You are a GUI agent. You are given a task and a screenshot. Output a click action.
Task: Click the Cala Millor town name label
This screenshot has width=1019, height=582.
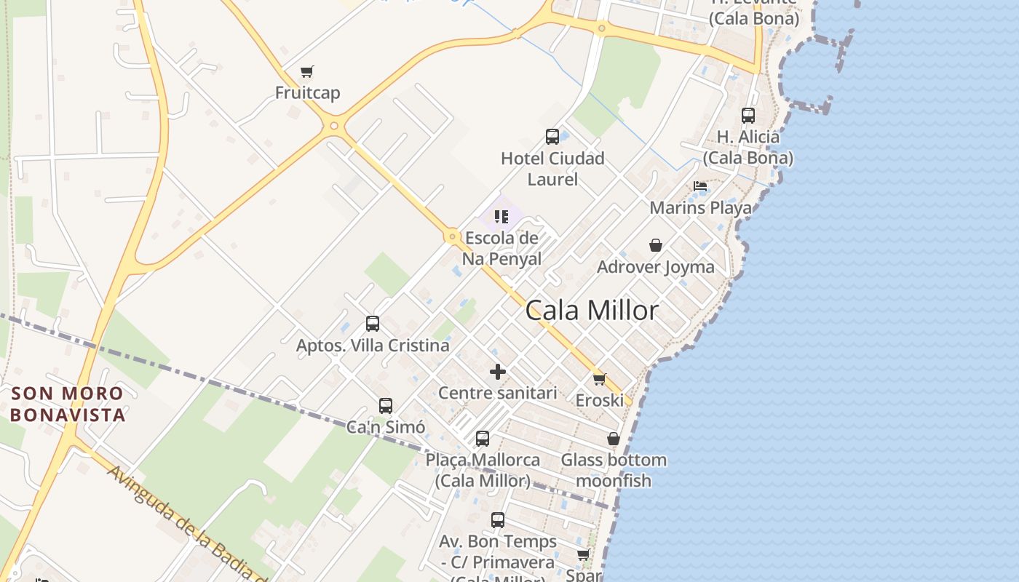[592, 311]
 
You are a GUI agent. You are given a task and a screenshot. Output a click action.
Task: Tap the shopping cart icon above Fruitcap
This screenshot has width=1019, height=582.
[307, 72]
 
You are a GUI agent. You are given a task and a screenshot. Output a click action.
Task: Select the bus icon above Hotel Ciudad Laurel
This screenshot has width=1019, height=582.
[552, 136]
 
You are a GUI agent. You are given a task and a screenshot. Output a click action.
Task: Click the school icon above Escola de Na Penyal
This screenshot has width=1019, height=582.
[501, 217]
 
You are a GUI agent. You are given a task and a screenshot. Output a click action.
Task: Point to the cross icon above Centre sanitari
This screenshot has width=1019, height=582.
[498, 372]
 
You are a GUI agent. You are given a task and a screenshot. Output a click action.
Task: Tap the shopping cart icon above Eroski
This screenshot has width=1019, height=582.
[600, 379]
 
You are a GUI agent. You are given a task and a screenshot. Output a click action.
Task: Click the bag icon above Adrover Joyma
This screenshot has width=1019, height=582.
[656, 245]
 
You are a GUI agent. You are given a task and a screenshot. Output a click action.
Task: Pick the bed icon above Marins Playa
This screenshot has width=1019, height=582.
[700, 186]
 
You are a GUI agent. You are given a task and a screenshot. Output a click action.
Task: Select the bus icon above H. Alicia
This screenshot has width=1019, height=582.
[748, 115]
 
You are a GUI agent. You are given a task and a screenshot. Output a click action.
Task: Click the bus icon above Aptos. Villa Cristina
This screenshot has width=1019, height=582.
[373, 324]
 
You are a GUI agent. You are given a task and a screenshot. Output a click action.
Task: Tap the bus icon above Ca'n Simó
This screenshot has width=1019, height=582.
[386, 405]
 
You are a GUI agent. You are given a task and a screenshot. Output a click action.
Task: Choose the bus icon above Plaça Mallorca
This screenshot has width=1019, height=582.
[483, 439]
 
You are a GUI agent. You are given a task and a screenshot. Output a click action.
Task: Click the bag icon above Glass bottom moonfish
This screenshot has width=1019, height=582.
[614, 439]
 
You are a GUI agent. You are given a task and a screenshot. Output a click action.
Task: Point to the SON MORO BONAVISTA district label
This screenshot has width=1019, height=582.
[68, 404]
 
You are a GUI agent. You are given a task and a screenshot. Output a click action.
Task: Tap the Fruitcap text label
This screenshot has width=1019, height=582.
[307, 93]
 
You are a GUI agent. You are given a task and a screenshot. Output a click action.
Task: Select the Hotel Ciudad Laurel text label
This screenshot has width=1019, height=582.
[552, 169]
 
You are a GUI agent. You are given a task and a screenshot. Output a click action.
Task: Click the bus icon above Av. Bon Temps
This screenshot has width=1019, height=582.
[498, 520]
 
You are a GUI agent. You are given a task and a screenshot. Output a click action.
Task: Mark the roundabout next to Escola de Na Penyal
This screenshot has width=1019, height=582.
[452, 236]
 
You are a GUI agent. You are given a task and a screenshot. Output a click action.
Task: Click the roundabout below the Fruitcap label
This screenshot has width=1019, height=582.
[334, 126]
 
